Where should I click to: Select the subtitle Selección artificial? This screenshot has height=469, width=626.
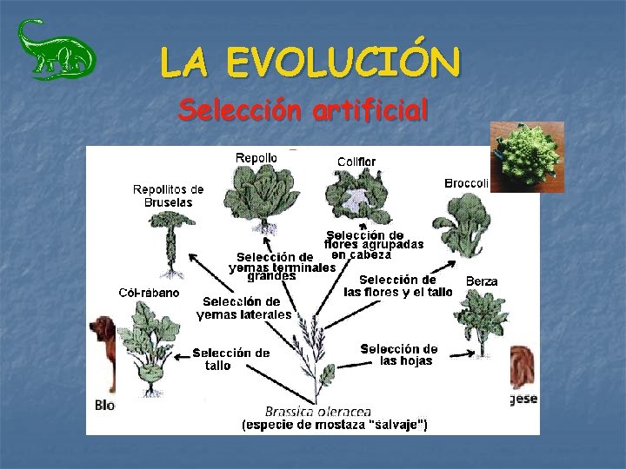pyautogui.click(x=303, y=110)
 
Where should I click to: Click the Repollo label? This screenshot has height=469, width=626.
pyautogui.click(x=256, y=158)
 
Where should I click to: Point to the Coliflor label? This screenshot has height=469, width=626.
pyautogui.click(x=356, y=162)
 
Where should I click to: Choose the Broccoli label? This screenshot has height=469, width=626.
pyautogui.click(x=467, y=183)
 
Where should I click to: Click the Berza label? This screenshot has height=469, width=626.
pyautogui.click(x=482, y=281)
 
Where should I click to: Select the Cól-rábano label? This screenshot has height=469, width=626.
pyautogui.click(x=150, y=293)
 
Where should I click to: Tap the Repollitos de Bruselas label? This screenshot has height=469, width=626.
pyautogui.click(x=168, y=195)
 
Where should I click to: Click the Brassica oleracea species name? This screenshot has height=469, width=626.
pyautogui.click(x=318, y=411)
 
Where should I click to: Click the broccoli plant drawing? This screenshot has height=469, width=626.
pyautogui.click(x=463, y=224)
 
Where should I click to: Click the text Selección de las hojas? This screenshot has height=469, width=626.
pyautogui.click(x=399, y=354)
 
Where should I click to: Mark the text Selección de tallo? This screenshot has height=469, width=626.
pyautogui.click(x=230, y=359)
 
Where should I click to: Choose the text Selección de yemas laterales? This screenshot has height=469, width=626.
pyautogui.click(x=244, y=307)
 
